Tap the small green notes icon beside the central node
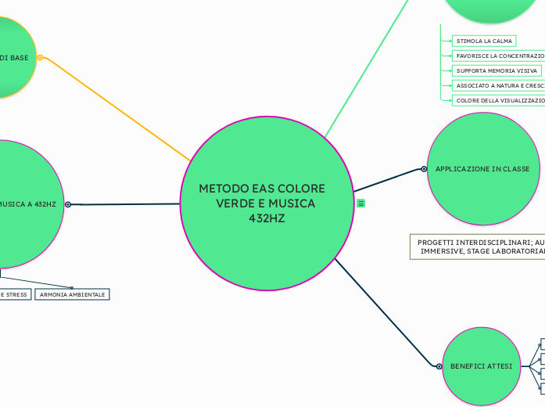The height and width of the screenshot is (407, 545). click(360, 203)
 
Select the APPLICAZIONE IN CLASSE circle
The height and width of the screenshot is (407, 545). click(482, 169)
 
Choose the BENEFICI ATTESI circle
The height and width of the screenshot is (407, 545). click(481, 366)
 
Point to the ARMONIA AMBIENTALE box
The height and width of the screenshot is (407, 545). click(71, 294)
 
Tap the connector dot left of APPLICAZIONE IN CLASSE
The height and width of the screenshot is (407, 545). click(424, 169)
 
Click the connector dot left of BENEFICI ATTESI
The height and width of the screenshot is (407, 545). click(439, 366)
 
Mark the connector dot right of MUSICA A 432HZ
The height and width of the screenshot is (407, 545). click(68, 204)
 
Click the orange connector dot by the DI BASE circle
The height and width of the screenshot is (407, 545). click(40, 57)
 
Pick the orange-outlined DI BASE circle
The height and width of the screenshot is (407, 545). click(12, 57)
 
